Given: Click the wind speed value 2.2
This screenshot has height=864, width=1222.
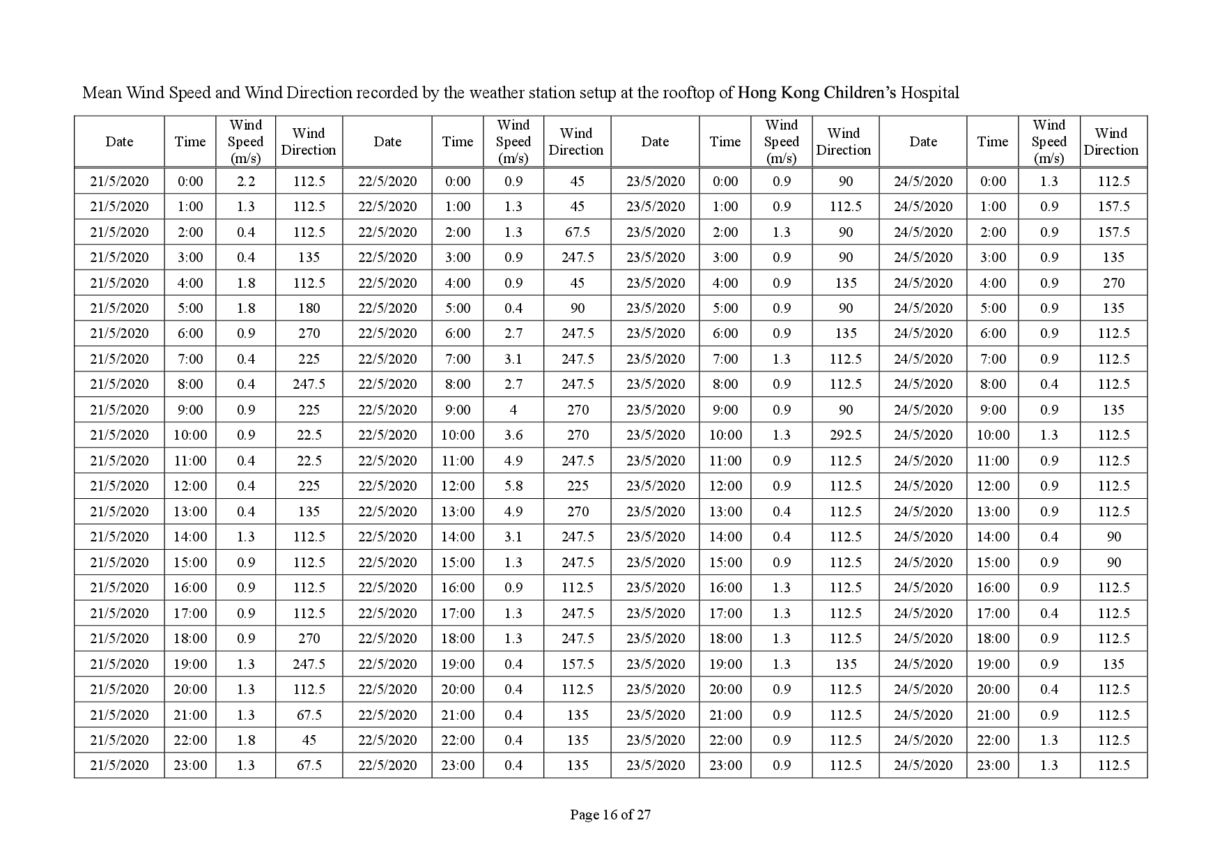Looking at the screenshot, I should point(246,181).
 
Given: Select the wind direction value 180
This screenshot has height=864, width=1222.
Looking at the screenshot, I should point(309,308).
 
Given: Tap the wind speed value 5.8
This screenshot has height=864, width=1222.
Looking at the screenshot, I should point(513,486).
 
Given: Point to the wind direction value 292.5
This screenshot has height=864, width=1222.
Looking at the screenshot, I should point(845,435).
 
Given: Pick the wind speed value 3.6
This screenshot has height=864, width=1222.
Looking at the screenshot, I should point(513,435).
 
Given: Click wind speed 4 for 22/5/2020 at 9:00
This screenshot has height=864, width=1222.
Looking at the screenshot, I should point(513,410).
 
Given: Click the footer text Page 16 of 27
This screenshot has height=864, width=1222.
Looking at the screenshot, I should point(610,814).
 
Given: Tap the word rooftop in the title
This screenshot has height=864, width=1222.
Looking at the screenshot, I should point(690,93).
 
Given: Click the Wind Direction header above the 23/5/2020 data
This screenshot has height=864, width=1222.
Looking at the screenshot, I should point(844,141).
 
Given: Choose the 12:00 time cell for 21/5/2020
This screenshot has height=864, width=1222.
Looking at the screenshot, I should point(190,486).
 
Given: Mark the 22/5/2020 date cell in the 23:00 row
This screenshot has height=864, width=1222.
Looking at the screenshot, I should point(387,765).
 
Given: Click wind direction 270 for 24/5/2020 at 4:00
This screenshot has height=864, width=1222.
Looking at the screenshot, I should point(1113,283).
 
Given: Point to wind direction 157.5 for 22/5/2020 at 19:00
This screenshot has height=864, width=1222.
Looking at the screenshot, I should point(578,664).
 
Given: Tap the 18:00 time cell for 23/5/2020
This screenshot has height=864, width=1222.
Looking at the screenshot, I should point(725,638).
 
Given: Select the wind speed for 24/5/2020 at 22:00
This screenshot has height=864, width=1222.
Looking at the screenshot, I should point(1049,740).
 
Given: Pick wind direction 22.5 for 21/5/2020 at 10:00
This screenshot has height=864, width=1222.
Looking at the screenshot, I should point(309,435).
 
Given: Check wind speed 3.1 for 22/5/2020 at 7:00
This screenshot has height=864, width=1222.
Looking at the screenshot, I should point(513,359).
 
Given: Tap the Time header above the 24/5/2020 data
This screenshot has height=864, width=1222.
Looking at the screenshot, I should point(992,141).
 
